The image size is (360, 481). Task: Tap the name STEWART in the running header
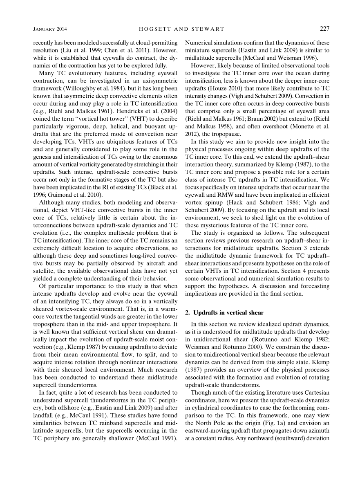click(x=208, y=29)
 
